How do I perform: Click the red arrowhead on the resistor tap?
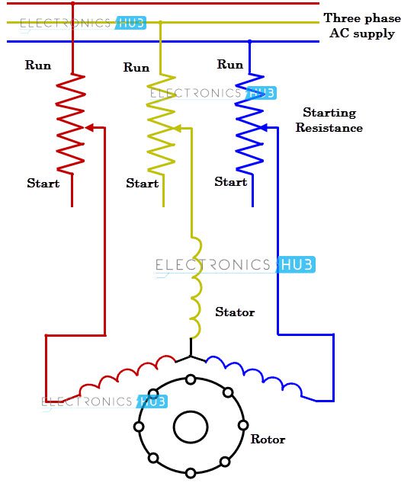[89, 127]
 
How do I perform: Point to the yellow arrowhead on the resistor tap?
[178, 128]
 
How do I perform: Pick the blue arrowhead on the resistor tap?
[264, 127]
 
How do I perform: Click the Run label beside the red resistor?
[38, 65]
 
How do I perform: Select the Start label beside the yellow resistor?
[142, 184]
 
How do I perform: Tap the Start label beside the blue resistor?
[231, 182]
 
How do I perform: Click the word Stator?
[235, 312]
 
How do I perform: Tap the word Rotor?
[268, 439]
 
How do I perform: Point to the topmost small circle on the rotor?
[191, 379]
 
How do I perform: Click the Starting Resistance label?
[329, 120]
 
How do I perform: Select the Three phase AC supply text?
[362, 26]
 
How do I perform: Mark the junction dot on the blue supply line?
[249, 41]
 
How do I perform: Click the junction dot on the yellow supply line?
[160, 22]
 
